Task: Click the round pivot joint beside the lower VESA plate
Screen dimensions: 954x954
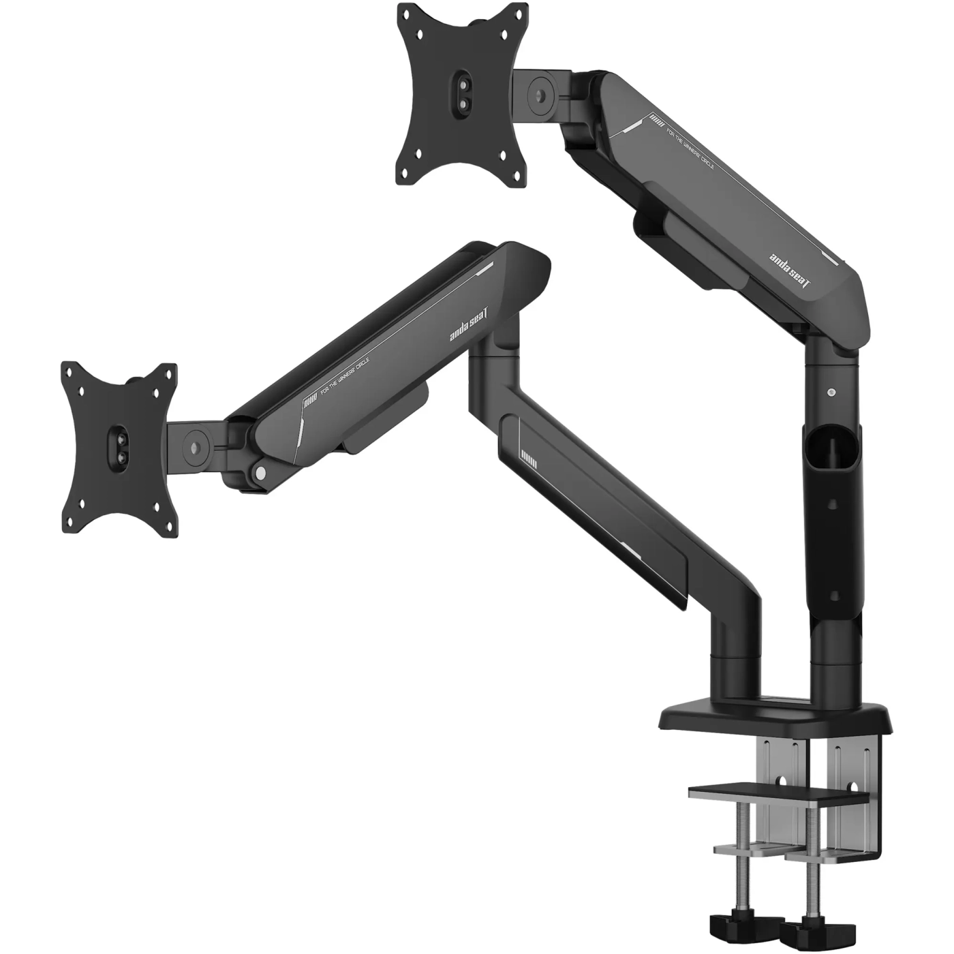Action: pos(196,447)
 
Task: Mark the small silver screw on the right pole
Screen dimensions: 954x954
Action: pos(831,393)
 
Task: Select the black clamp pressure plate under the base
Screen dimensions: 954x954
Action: pos(777,795)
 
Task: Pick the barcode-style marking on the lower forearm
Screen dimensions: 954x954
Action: pos(528,461)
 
